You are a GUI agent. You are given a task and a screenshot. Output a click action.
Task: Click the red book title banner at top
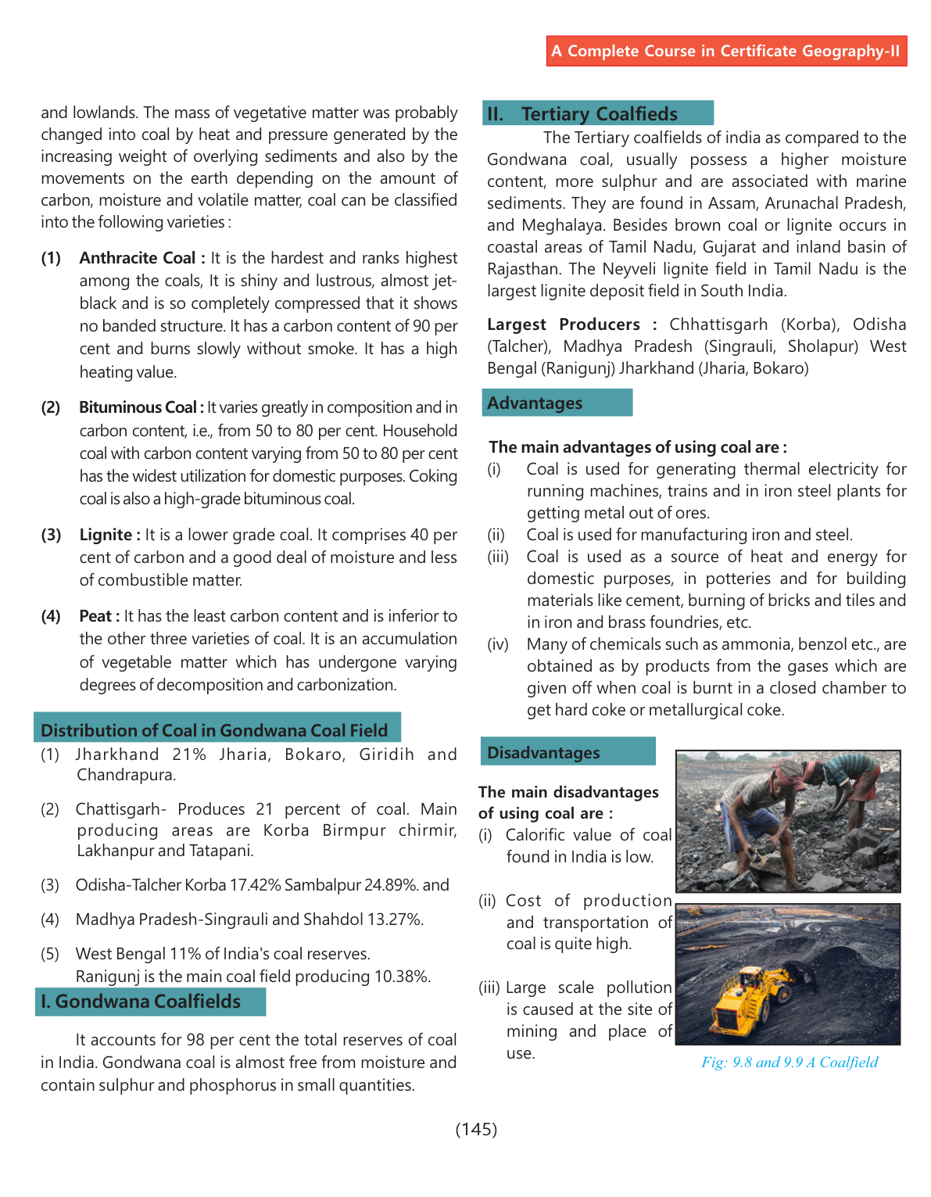(x=726, y=52)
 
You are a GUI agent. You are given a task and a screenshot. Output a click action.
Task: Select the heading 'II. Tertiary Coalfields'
(x=599, y=114)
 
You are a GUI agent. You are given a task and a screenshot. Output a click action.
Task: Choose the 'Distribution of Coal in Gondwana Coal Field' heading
(x=214, y=730)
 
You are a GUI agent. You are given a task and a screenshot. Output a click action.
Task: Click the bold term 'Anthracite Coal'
(x=138, y=258)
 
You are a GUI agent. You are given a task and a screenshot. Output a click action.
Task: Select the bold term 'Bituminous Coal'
(x=138, y=407)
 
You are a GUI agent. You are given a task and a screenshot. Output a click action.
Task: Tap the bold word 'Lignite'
(x=106, y=535)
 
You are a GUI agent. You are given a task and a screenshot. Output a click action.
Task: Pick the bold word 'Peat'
(x=95, y=616)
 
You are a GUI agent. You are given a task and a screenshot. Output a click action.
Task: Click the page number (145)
(x=476, y=1129)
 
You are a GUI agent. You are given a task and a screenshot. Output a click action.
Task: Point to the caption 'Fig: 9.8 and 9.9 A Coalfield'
(x=790, y=1063)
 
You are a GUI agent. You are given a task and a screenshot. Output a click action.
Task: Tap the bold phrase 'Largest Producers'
(x=564, y=324)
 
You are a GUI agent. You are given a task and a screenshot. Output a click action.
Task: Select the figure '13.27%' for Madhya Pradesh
(x=395, y=919)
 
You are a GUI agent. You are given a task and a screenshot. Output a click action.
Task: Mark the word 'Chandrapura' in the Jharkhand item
(x=126, y=775)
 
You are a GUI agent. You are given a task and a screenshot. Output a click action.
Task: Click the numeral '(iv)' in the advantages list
(x=498, y=644)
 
